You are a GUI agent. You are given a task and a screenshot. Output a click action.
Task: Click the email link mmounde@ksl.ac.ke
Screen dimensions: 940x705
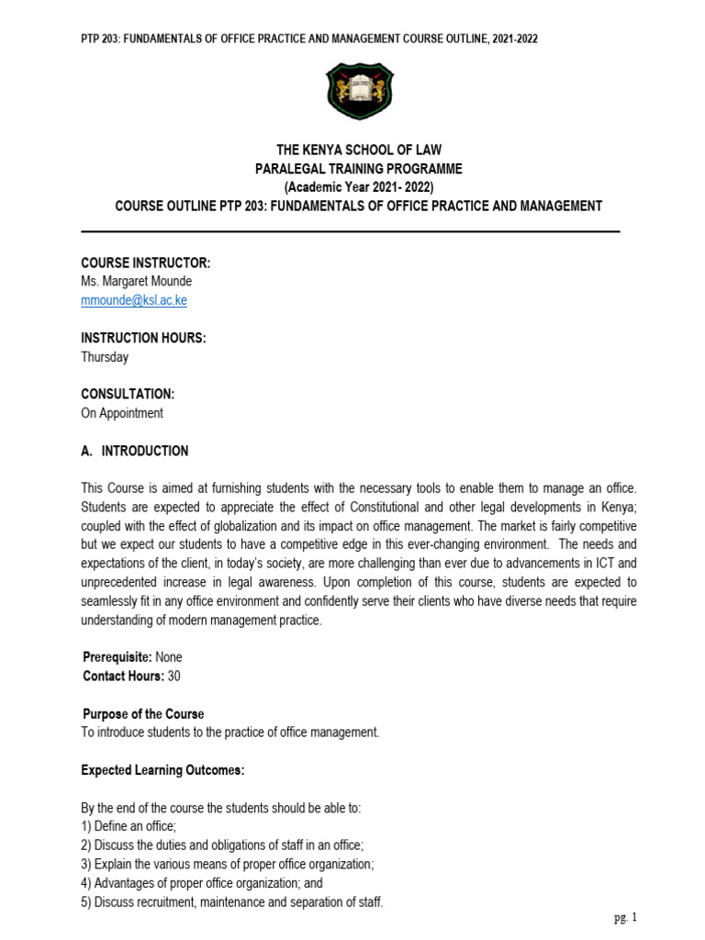pyautogui.click(x=134, y=300)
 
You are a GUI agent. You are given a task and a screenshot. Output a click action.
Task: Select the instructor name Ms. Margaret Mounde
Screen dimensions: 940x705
pyautogui.click(x=136, y=282)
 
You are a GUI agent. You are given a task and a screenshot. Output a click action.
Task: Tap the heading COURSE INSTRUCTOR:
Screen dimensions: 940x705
pyautogui.click(x=146, y=263)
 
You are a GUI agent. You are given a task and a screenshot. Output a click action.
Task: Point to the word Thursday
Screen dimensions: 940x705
pyautogui.click(x=105, y=357)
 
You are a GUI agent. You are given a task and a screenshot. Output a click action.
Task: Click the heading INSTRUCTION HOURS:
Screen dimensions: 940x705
pyautogui.click(x=143, y=339)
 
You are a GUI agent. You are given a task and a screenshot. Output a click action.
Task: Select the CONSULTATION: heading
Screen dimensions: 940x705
pyautogui.click(x=128, y=395)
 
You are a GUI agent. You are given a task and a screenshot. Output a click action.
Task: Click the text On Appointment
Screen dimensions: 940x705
pyautogui.click(x=122, y=413)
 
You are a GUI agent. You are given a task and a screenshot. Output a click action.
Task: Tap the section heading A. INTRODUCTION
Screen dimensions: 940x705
pyautogui.click(x=135, y=451)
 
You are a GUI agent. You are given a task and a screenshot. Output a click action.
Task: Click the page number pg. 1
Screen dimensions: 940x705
pyautogui.click(x=625, y=917)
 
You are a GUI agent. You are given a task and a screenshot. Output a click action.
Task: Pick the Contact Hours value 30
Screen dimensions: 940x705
pyautogui.click(x=174, y=677)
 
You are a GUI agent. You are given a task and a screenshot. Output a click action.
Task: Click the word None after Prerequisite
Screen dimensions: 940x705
pyautogui.click(x=170, y=658)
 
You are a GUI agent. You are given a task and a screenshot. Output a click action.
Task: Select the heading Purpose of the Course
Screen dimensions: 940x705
pyautogui.click(x=143, y=714)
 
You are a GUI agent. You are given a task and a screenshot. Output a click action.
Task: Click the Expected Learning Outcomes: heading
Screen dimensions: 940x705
pyautogui.click(x=162, y=770)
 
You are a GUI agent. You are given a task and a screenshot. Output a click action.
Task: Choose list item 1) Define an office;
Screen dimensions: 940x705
pyautogui.click(x=129, y=827)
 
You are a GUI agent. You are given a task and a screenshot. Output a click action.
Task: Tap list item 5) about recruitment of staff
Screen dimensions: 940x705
pyautogui.click(x=232, y=902)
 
